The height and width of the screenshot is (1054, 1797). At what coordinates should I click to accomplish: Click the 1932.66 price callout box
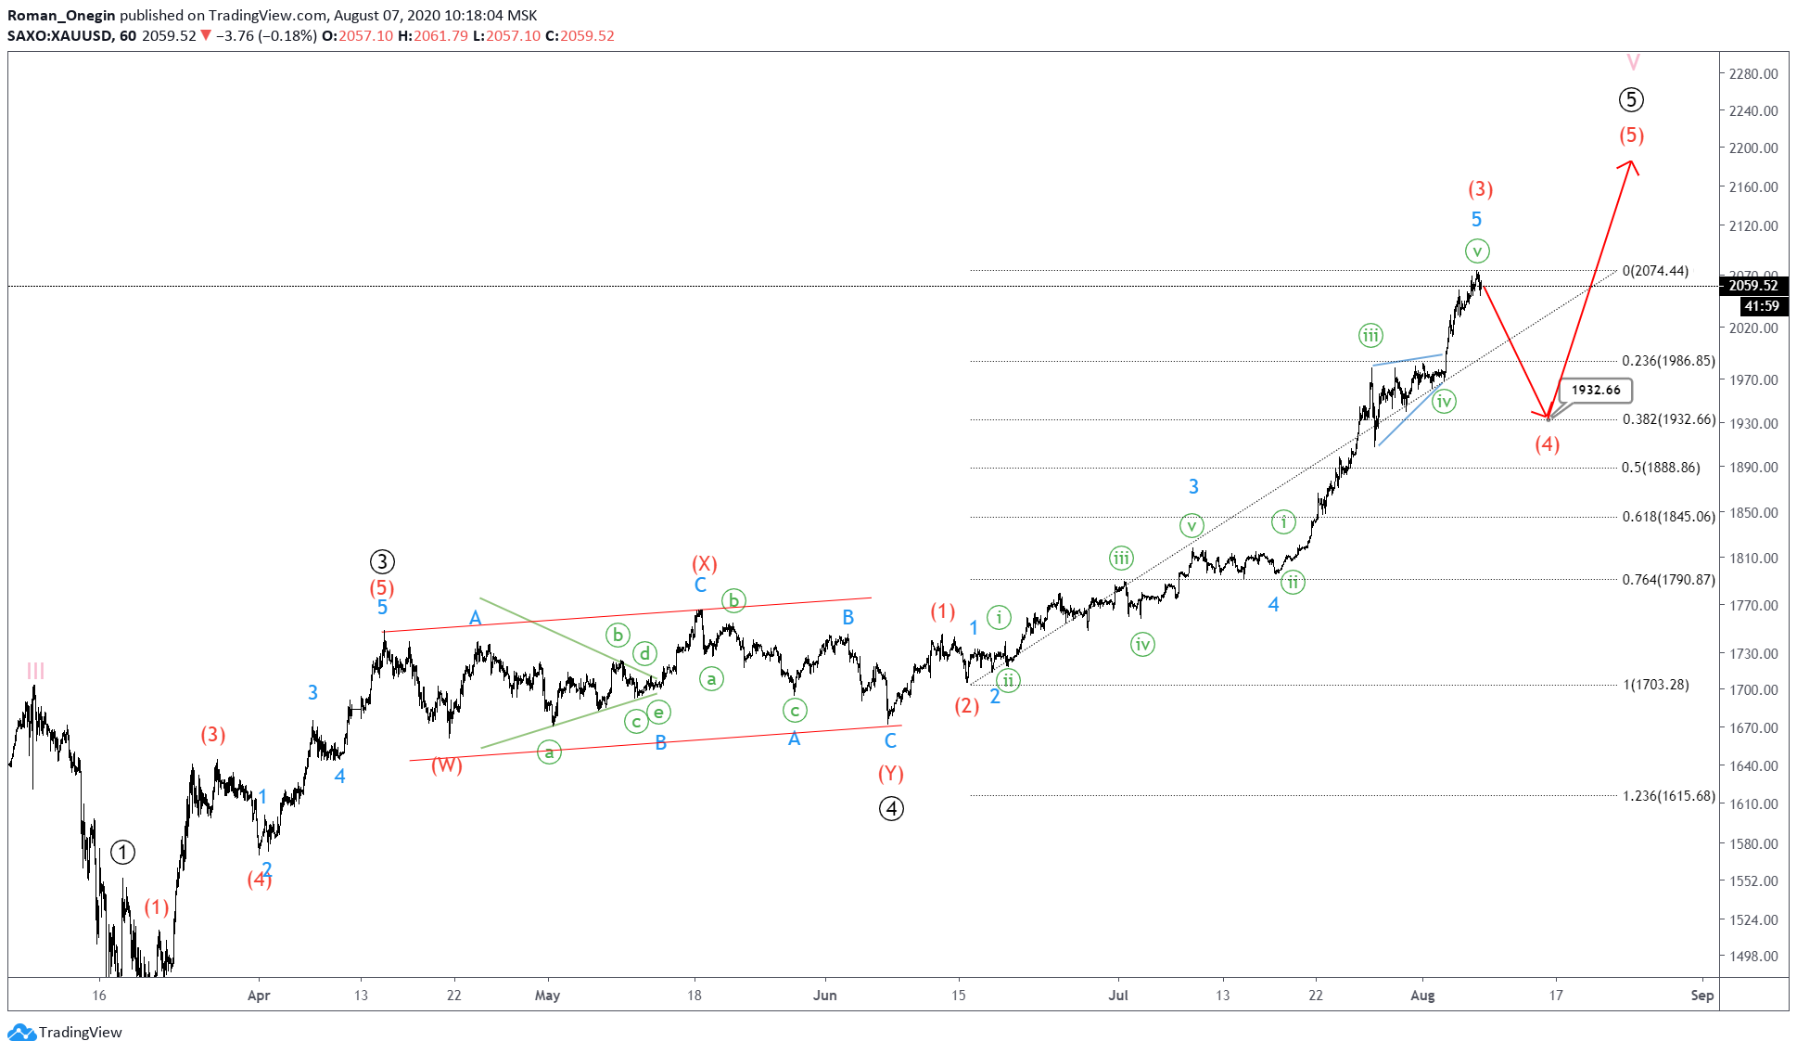1595,390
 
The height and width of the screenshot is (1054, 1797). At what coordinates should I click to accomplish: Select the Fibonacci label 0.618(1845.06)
1668,517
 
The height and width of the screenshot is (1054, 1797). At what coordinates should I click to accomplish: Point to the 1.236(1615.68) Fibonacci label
1668,796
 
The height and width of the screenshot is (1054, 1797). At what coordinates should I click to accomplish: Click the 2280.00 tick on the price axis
1753,73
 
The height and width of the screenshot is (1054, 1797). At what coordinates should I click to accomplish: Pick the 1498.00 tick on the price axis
1753,956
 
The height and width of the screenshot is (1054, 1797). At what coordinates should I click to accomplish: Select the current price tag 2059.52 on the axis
1753,286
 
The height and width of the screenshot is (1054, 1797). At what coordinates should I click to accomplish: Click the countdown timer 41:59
1761,306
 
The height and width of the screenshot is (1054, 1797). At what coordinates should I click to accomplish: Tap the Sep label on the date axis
1701,996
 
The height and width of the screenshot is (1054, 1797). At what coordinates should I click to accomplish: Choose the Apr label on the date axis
259,996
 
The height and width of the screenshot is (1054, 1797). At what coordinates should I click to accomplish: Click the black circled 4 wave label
891,809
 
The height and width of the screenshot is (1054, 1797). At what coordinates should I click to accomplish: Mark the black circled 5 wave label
1631,99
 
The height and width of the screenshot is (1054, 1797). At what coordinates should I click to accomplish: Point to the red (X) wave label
705,563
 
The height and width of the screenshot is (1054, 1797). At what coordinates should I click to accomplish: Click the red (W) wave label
446,765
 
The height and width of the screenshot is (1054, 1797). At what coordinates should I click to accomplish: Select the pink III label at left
35,670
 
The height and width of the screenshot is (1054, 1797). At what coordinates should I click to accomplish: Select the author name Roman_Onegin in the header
61,15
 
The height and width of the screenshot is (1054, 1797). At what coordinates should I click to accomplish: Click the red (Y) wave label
891,774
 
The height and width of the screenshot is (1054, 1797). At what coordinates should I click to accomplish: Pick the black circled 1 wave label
122,852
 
